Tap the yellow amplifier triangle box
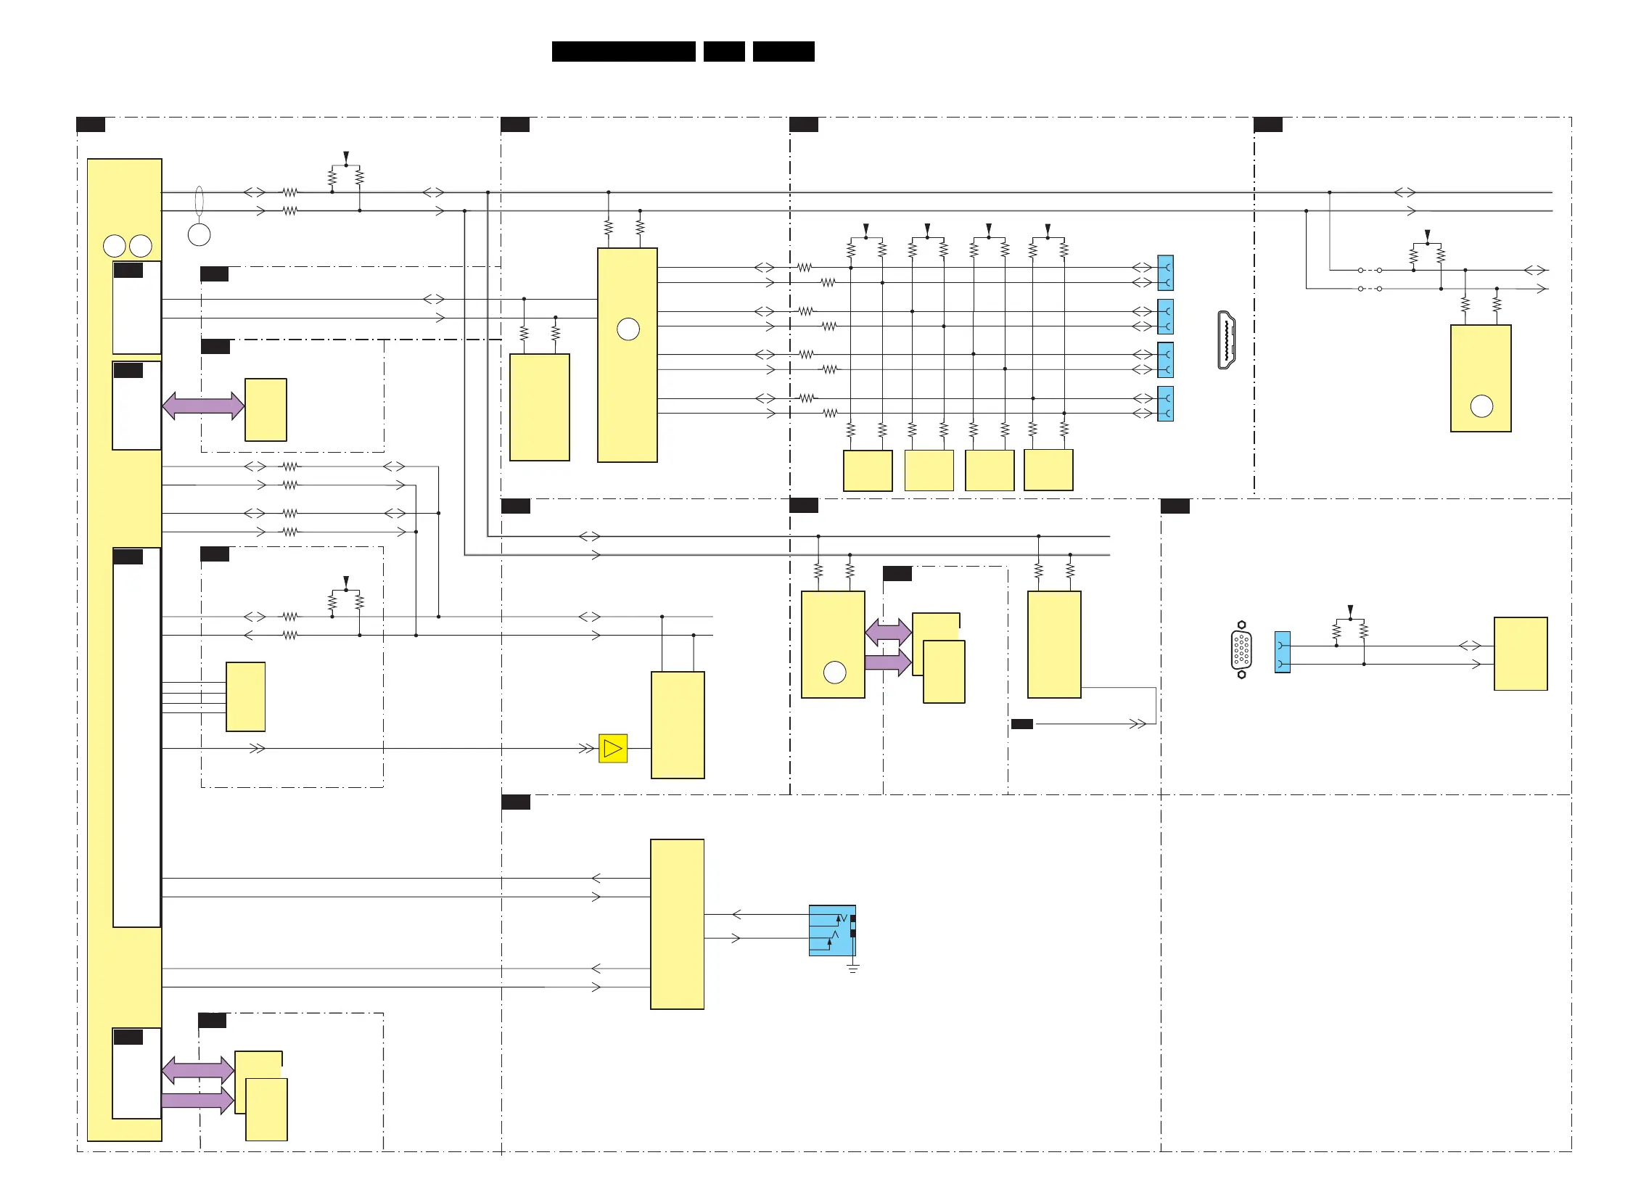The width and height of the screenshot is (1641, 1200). [x=612, y=748]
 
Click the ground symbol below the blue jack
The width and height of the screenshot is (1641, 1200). [x=853, y=969]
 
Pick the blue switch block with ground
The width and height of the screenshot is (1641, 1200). [x=832, y=930]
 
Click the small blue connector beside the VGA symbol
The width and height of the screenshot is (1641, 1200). [x=1282, y=652]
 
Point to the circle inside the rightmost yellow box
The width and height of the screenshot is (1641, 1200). [x=1481, y=406]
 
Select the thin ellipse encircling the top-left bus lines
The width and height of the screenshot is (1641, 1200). [x=199, y=201]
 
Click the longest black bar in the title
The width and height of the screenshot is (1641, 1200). [x=623, y=52]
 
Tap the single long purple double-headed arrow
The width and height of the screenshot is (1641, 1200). [x=203, y=406]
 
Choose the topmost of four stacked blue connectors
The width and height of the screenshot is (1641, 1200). [x=1164, y=273]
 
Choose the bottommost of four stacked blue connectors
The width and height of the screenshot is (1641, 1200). [x=1164, y=404]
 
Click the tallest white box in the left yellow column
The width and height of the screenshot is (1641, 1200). [x=136, y=737]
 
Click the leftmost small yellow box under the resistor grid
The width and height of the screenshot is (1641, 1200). [x=868, y=471]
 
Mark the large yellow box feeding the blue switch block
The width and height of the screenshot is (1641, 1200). [x=676, y=924]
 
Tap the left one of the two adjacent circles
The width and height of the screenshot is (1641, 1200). [x=115, y=246]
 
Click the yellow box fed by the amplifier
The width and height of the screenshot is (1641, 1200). [x=677, y=725]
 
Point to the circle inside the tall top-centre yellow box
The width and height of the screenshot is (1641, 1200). [x=628, y=330]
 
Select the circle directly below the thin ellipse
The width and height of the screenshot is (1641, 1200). [x=199, y=234]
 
